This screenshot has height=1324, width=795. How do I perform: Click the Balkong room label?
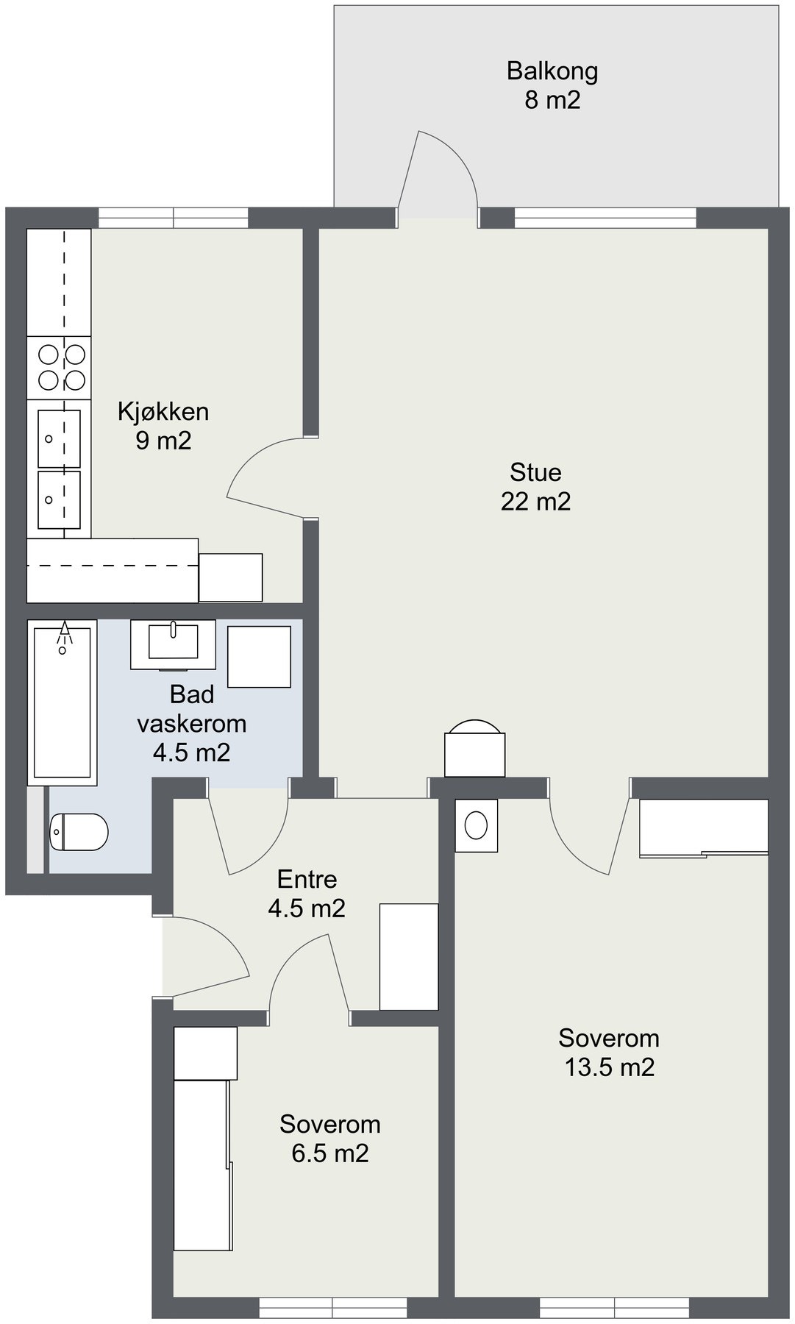pos(552,71)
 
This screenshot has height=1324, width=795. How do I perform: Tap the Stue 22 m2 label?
pos(535,486)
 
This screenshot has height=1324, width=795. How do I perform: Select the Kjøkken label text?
pos(163,411)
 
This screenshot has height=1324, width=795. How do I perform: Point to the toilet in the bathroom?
pos(79,832)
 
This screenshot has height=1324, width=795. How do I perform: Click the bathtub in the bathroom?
pos(63,702)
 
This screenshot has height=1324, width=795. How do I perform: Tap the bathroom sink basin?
pos(173,641)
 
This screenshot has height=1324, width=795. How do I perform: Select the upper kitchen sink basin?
pos(59,438)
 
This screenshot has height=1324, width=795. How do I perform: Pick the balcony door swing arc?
pos(457,158)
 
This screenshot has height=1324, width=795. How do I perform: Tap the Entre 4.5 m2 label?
pos(307,893)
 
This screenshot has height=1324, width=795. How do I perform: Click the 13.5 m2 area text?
pos(609,1067)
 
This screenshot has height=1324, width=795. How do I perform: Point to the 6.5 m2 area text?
pos(330,1153)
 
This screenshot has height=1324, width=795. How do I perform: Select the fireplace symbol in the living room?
pos(475,748)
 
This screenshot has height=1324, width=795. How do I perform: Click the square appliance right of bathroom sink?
pos(259,657)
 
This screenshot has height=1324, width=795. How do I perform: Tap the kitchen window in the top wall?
pos(174,218)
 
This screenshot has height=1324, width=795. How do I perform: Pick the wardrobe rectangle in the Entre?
pos(409,956)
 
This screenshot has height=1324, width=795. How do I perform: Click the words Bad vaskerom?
pos(192,708)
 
